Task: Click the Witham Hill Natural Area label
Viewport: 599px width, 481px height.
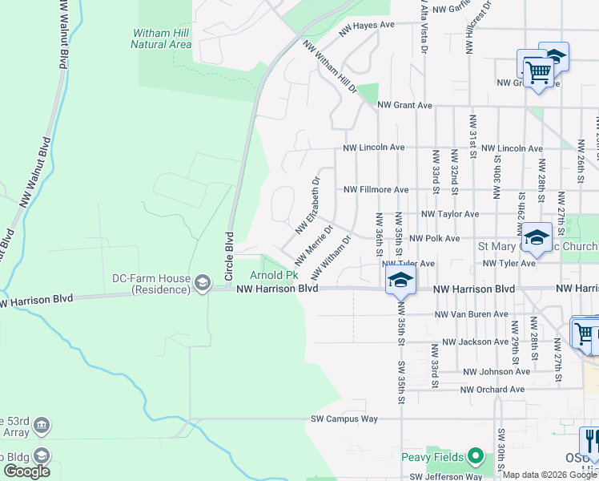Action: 161,38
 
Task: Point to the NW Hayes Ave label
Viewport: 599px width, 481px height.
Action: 367,25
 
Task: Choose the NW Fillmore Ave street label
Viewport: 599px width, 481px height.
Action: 376,190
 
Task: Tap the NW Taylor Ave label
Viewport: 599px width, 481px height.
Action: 448,214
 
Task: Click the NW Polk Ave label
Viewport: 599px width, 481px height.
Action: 434,238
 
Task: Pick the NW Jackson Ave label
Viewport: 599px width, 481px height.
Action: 475,342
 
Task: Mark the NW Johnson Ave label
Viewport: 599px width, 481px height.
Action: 496,371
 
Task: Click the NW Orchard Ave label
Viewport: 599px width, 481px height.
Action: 492,390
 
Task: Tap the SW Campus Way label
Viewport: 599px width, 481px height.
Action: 344,418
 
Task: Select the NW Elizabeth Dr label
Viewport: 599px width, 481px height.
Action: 308,206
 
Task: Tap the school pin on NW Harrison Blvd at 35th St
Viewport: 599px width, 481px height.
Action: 400,281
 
